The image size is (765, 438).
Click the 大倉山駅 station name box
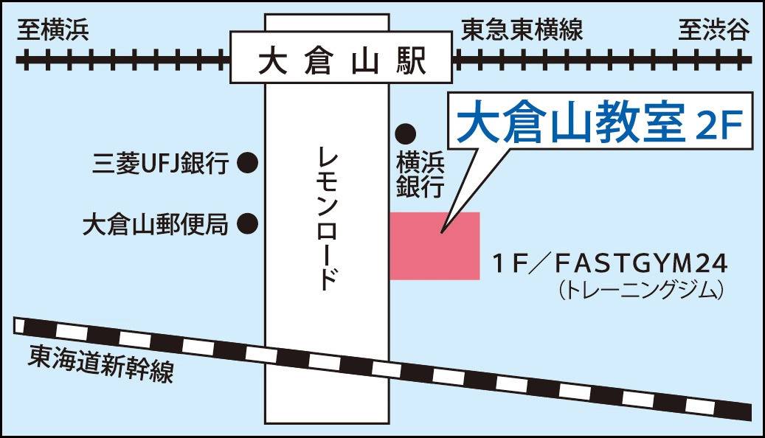pos(340,58)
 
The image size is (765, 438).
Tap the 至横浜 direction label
pos(53,30)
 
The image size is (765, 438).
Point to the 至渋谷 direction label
pos(713,30)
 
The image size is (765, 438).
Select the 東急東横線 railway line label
pos(522,30)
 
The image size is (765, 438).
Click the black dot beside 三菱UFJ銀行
pos(247,162)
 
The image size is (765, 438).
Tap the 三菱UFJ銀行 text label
pos(162,162)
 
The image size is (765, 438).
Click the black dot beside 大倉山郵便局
pos(247,222)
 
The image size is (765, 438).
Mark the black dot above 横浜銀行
pos(405,133)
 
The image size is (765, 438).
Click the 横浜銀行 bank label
pos(419,173)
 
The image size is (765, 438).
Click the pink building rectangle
pos(435,246)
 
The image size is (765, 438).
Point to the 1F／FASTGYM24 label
pos(610,263)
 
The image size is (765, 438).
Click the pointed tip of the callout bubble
pos(442,233)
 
